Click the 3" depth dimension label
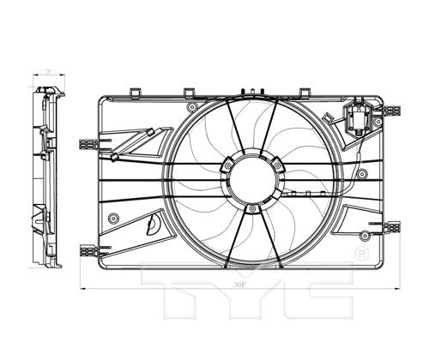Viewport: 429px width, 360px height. [x=50, y=72]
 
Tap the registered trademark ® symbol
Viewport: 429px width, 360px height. [x=361, y=254]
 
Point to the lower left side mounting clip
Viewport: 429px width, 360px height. [x=88, y=249]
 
